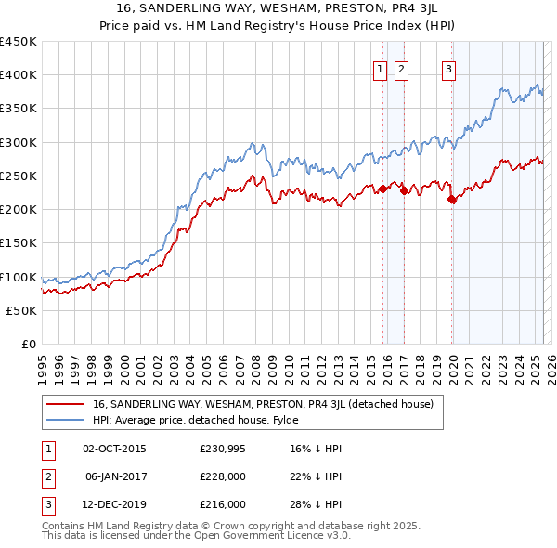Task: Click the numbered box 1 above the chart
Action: click(x=381, y=68)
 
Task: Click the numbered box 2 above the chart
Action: click(x=401, y=68)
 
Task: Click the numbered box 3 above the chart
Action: click(x=448, y=68)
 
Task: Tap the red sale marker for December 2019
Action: click(x=452, y=199)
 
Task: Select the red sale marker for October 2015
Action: click(x=382, y=189)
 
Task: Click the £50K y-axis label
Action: click(x=22, y=311)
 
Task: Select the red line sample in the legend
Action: click(x=66, y=404)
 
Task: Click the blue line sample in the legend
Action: click(x=66, y=420)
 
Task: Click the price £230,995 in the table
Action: click(x=224, y=450)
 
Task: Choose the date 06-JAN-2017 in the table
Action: click(x=115, y=476)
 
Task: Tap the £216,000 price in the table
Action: click(x=224, y=504)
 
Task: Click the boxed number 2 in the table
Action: click(x=47, y=476)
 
